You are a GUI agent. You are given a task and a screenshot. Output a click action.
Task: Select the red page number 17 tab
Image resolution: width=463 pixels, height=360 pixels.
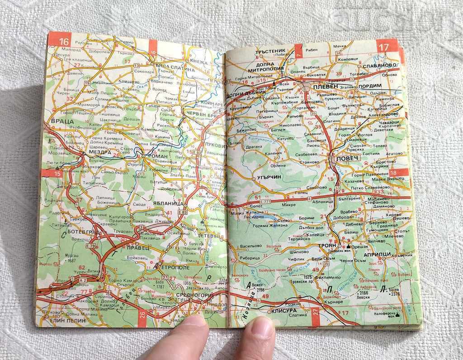384,47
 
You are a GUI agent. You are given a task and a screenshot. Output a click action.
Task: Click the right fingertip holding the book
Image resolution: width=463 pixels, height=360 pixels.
260,326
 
